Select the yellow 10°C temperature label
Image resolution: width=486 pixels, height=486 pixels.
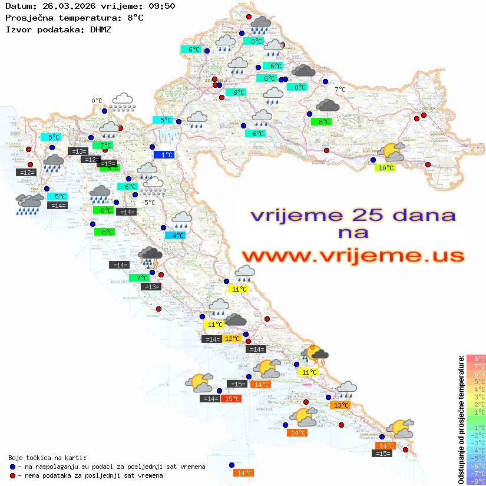pyautogui.click(x=386, y=168)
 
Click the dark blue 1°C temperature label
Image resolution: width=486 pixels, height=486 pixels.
pyautogui.click(x=166, y=155)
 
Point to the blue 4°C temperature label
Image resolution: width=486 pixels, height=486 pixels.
pyautogui.click(x=178, y=236)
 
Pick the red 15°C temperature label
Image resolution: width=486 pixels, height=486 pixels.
pyautogui.click(x=232, y=399)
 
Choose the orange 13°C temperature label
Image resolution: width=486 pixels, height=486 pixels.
pyautogui.click(x=340, y=405)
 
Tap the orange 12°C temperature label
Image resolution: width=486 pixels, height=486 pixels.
pyautogui.click(x=232, y=339)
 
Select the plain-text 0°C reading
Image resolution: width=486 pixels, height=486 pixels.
pyautogui.click(x=97, y=101)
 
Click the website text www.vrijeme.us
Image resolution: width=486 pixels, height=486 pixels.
pyautogui.click(x=352, y=256)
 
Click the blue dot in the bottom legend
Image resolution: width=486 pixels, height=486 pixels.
pyautogui.click(x=12, y=467)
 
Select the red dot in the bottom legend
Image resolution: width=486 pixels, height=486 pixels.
pyautogui.click(x=12, y=475)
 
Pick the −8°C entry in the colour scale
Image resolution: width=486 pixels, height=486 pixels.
pyautogui.click(x=476, y=481)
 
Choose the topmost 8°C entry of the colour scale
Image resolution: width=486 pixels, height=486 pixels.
pyautogui.click(x=476, y=359)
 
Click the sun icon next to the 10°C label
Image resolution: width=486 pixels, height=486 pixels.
pyautogui.click(x=392, y=153)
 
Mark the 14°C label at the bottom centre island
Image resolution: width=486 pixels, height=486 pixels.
pyautogui.click(x=244, y=473)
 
